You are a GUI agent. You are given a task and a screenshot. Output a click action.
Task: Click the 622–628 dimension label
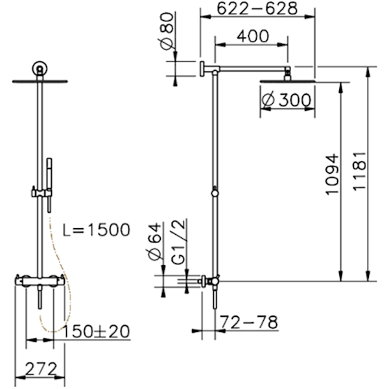coord(257,9)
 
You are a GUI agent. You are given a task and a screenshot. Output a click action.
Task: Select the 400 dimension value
coord(253,36)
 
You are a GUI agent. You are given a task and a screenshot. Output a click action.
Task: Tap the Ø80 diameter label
coord(166,31)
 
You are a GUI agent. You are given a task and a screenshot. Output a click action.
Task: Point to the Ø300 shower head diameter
coord(287,100)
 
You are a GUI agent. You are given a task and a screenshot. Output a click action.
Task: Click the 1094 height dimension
coord(332,174)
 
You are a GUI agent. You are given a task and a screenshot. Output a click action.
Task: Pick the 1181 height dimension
coord(359,171)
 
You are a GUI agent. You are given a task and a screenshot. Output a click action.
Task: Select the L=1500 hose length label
coord(97,230)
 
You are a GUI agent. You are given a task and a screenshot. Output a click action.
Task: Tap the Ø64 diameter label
coord(155,241)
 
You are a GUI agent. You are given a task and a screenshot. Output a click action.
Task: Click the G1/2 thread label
coord(178,242)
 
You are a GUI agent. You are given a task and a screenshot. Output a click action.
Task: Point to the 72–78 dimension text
coord(249,322)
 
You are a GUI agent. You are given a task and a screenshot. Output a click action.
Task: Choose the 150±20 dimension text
coord(96,331)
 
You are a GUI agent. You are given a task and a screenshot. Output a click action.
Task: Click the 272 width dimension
coord(41,369)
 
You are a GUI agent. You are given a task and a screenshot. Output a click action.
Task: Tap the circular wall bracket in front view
coord(40,67)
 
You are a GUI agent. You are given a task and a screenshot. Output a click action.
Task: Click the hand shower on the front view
coord(49,185)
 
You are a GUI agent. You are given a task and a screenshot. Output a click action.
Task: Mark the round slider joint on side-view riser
coord(215,193)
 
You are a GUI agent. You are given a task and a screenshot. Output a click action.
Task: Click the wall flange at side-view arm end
coord(202,69)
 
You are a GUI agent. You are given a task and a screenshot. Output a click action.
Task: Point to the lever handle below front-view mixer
coord(40,297)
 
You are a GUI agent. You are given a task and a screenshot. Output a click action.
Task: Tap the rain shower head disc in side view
coord(287,81)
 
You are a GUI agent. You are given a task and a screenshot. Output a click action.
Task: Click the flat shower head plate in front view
coord(40,81)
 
